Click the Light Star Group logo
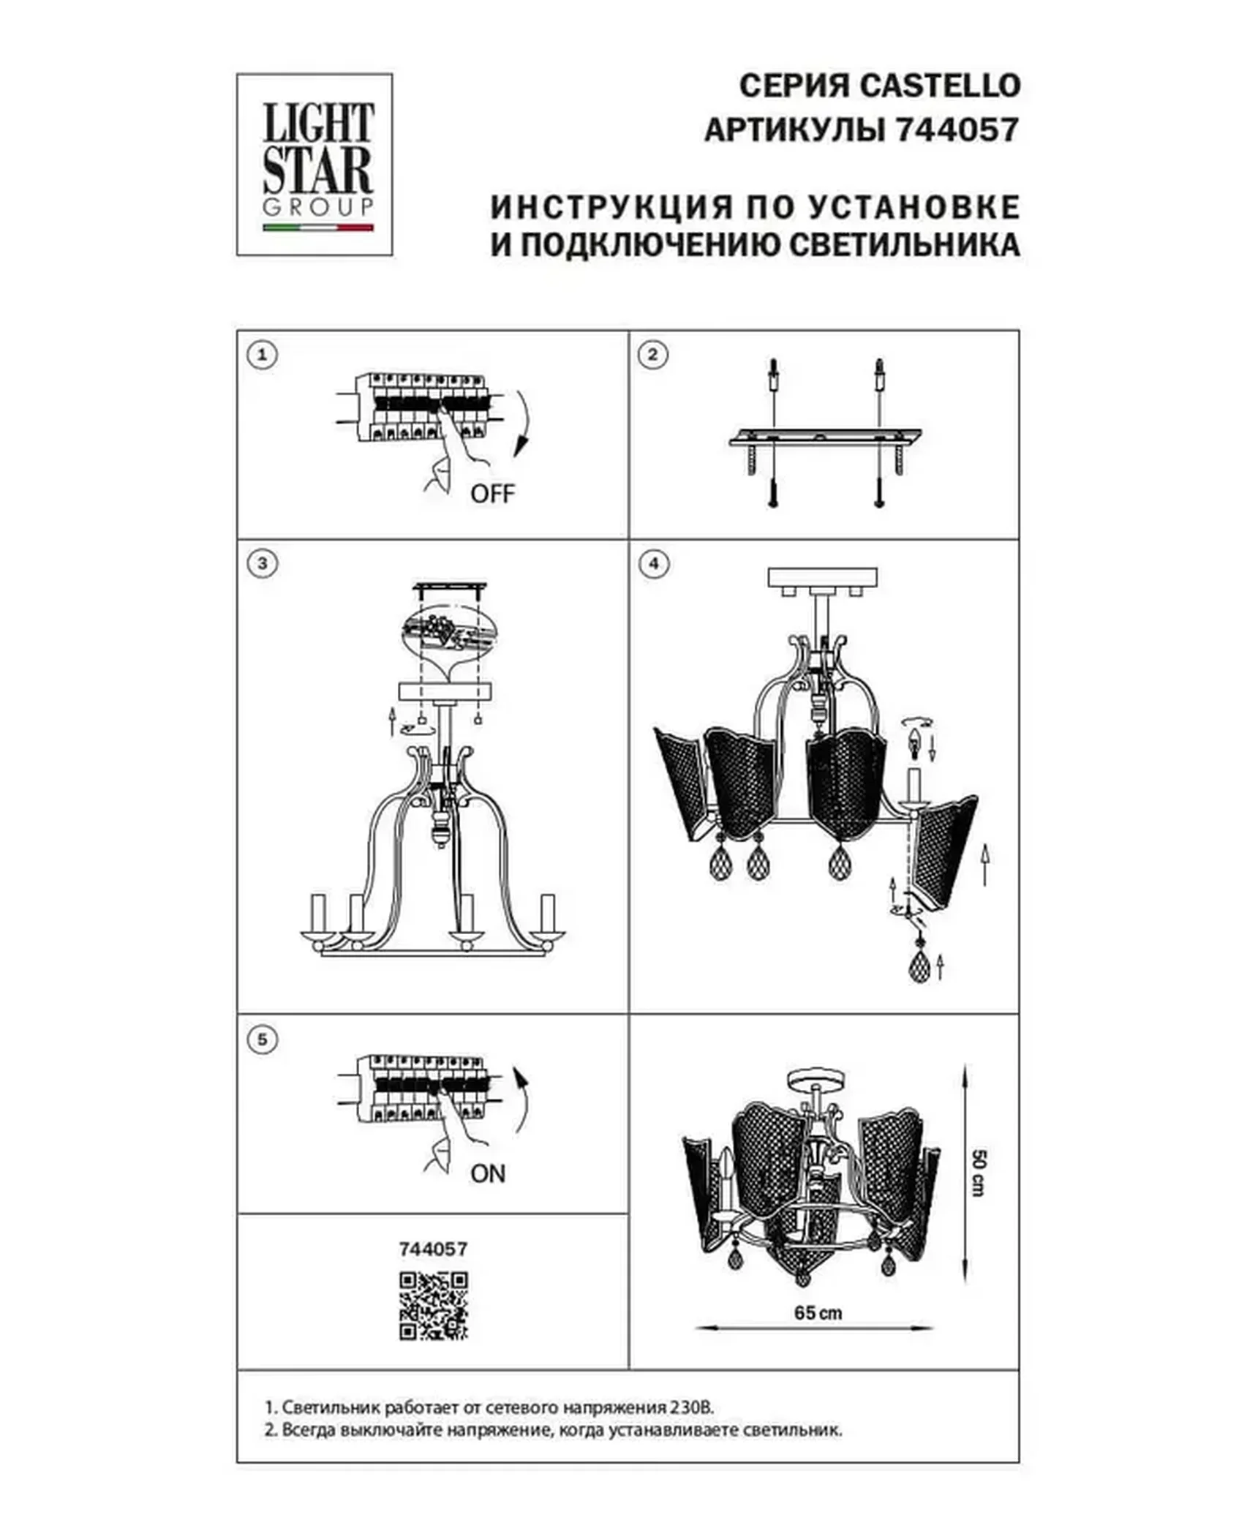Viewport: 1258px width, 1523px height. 314,165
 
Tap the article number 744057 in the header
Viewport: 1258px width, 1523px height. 957,131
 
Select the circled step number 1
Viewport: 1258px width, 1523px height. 263,356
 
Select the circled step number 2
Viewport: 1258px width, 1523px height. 653,356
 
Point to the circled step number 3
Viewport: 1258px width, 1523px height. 263,563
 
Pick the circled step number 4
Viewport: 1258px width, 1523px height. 653,563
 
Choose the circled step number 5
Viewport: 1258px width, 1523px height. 263,1039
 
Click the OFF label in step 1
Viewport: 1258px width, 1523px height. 492,494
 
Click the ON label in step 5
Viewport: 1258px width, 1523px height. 488,1174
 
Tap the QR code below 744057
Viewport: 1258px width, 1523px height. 434,1306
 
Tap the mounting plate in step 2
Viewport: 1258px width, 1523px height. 825,437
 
